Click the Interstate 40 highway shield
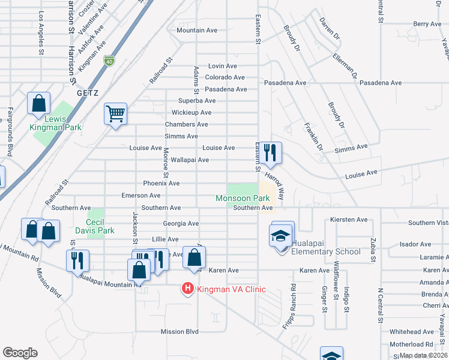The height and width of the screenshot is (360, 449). [x=109, y=60]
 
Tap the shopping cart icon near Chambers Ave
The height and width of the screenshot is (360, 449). [x=115, y=113]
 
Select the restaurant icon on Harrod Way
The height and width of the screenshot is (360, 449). [x=271, y=153]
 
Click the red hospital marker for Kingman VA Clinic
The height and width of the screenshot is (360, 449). [x=188, y=289]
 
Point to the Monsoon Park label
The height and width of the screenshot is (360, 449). [x=243, y=198]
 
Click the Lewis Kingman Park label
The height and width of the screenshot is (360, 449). [x=55, y=122]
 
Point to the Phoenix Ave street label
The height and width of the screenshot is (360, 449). [x=161, y=183]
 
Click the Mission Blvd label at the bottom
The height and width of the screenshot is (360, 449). [x=179, y=331]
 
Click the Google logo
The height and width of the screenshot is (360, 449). [x=20, y=352]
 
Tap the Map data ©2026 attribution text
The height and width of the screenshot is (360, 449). [x=423, y=355]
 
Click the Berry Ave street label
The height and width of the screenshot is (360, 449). [x=427, y=24]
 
